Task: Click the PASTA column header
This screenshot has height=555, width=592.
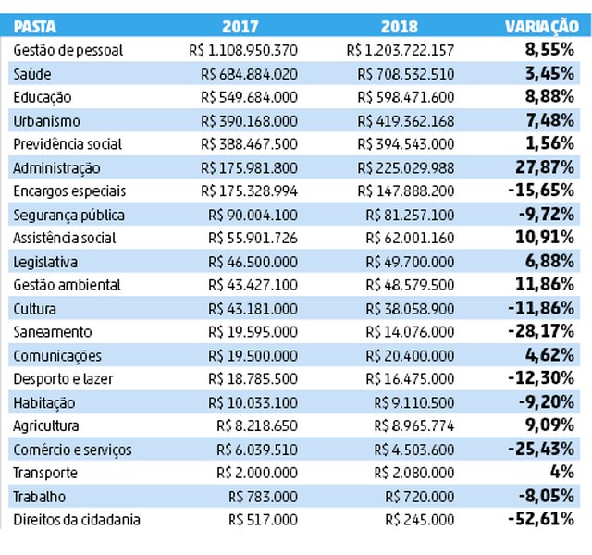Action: click(x=35, y=27)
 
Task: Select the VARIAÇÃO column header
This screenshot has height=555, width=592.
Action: click(x=542, y=27)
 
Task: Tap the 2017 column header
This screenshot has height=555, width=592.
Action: click(x=240, y=27)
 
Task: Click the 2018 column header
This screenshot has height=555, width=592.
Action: click(x=400, y=27)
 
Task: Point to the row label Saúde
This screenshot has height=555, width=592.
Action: click(x=32, y=74)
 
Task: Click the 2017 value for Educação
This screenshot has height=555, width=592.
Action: click(x=249, y=97)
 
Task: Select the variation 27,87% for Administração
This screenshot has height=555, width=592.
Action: click(x=545, y=167)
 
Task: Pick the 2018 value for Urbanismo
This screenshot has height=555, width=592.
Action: click(x=406, y=121)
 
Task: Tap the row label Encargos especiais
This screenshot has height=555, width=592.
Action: click(x=69, y=191)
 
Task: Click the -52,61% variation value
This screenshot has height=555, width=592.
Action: click(x=541, y=519)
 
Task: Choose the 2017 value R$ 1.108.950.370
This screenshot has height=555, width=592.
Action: click(x=243, y=50)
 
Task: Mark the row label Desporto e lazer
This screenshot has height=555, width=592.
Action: click(x=63, y=379)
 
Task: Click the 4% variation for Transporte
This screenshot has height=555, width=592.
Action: click(x=562, y=472)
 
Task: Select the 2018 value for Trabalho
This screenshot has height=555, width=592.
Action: click(x=419, y=497)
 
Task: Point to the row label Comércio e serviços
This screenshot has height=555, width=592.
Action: click(x=72, y=450)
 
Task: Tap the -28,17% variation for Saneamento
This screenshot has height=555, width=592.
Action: click(x=541, y=331)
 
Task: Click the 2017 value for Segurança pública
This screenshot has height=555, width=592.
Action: click(x=253, y=216)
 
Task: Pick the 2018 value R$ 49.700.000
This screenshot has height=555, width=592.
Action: click(x=410, y=262)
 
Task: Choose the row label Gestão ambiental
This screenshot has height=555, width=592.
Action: click(x=68, y=285)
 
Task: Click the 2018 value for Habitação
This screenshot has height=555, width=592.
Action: click(x=414, y=403)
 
